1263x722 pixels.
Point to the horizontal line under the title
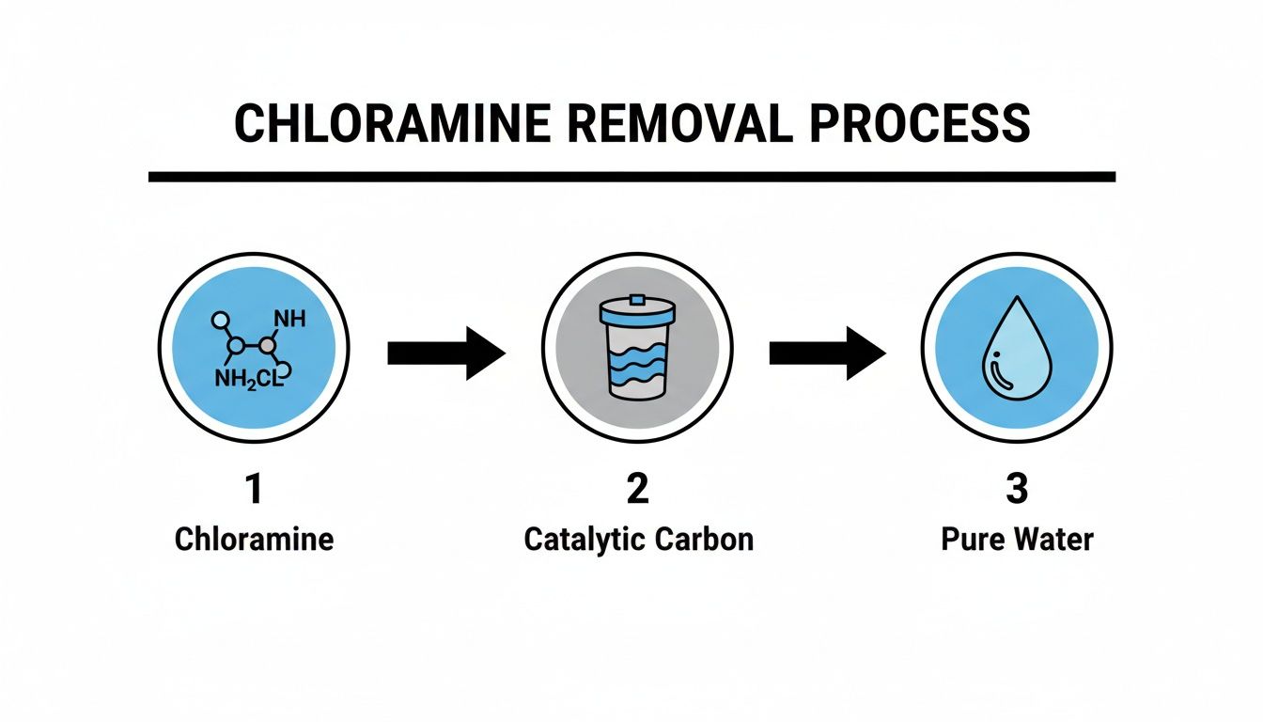pyautogui.click(x=631, y=176)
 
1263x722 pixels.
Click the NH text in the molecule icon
pyautogui.click(x=290, y=319)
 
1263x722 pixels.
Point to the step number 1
pyautogui.click(x=254, y=491)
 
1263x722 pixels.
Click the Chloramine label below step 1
pyautogui.click(x=254, y=540)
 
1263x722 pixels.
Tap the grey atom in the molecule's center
pyautogui.click(x=269, y=346)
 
